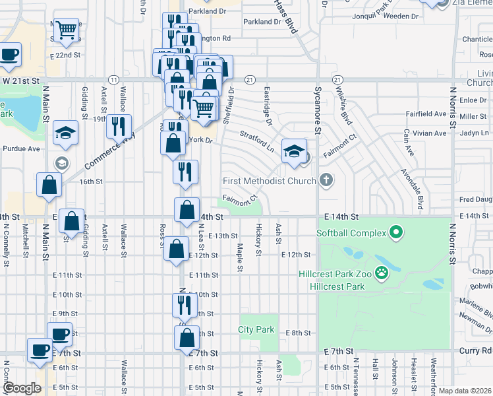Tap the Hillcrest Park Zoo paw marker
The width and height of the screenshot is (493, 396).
pyautogui.click(x=381, y=272)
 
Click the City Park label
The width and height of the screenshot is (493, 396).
pyautogui.click(x=256, y=329)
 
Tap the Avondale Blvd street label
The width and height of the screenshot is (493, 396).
pyautogui.click(x=411, y=185)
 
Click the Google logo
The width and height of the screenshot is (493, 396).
pyautogui.click(x=22, y=388)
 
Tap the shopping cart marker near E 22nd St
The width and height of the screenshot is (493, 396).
pyautogui.click(x=66, y=29)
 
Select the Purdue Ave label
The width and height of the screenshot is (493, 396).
pyautogui.click(x=20, y=148)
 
